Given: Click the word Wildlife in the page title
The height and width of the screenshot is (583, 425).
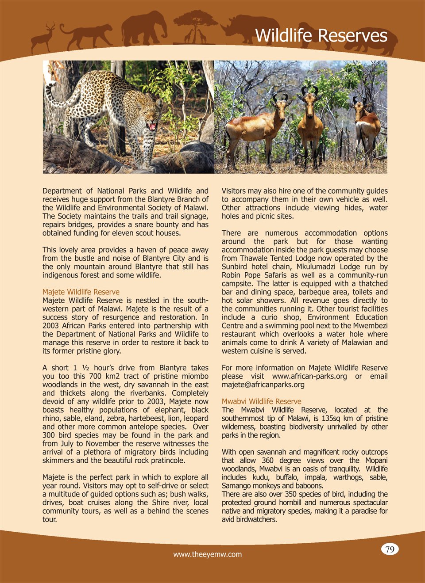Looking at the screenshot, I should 283,36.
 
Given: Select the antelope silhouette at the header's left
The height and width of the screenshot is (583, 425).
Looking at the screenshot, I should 43,38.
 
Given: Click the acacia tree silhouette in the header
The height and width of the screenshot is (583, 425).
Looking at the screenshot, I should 195,27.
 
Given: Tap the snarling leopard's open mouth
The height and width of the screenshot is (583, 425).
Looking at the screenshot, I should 152,127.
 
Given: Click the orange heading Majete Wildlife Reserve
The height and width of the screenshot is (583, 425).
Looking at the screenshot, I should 81,292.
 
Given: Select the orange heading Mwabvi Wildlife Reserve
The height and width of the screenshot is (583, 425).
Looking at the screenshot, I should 261,401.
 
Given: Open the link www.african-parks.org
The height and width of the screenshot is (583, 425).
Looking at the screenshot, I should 309,376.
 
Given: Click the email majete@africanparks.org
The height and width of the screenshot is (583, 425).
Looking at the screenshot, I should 263,385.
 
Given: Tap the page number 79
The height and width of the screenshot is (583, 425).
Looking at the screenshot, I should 390,549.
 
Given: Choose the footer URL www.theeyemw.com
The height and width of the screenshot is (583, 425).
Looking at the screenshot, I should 208,554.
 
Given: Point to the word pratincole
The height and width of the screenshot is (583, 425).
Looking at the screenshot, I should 164,461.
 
